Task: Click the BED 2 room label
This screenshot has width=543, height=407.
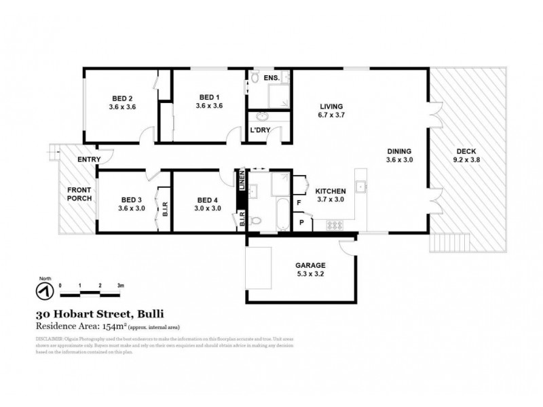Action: pos(123,101)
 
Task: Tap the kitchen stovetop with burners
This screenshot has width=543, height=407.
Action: pos(335,224)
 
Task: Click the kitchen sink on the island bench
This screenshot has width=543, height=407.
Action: pos(363,187)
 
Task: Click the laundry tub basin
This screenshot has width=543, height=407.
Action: pos(259,115)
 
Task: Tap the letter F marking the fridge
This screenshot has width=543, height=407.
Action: pos(299,202)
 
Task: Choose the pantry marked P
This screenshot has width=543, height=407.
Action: pos(301,222)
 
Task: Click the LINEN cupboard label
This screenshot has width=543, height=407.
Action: pos(241,182)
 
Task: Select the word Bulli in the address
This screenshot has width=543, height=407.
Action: pos(149,314)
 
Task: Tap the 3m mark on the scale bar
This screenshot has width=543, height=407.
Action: pos(120,285)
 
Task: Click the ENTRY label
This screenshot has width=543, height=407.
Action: pos(89,159)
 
